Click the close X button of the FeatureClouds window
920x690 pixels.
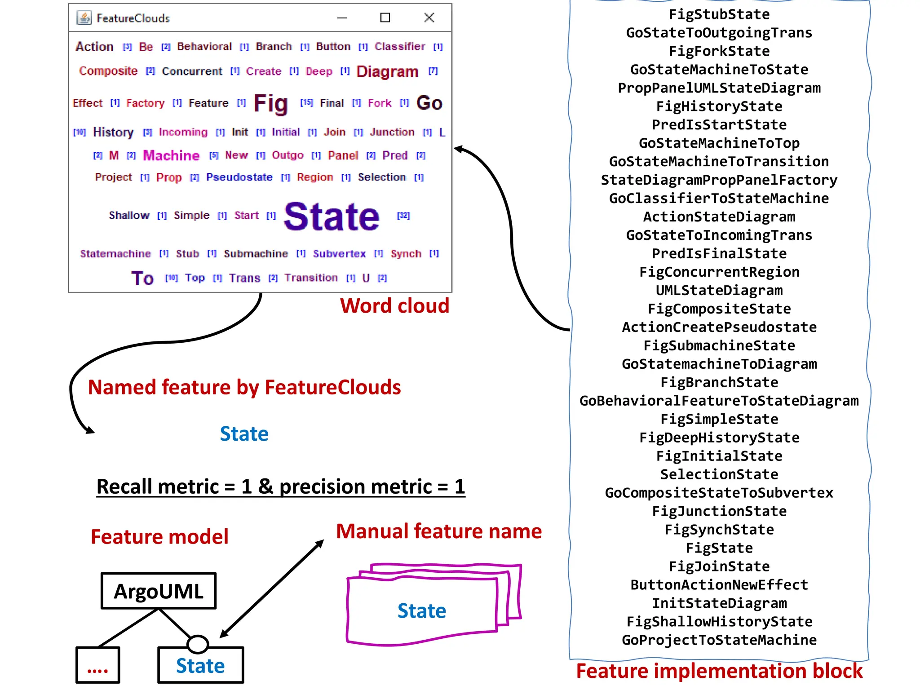(x=429, y=18)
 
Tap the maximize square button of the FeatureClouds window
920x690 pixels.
(x=385, y=18)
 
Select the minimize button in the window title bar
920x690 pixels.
(x=342, y=18)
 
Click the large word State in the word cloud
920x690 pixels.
(x=332, y=217)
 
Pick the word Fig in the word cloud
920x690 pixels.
(x=270, y=103)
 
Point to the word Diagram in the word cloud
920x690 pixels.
(x=387, y=71)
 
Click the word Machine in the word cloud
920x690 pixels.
(x=171, y=155)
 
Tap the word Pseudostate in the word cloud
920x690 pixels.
(x=239, y=177)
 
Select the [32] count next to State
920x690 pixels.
(x=403, y=216)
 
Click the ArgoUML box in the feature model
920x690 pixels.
(x=159, y=591)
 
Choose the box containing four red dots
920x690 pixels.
(x=98, y=665)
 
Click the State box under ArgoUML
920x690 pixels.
(x=200, y=666)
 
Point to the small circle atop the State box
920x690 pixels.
(x=198, y=644)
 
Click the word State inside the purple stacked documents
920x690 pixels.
(x=422, y=611)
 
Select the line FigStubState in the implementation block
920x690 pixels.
(x=719, y=14)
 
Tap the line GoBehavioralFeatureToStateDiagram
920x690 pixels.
(x=719, y=401)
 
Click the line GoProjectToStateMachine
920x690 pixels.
(x=719, y=640)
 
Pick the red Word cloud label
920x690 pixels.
(x=394, y=306)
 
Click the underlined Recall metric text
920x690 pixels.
(x=281, y=487)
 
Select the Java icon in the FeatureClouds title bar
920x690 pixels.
(x=84, y=18)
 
